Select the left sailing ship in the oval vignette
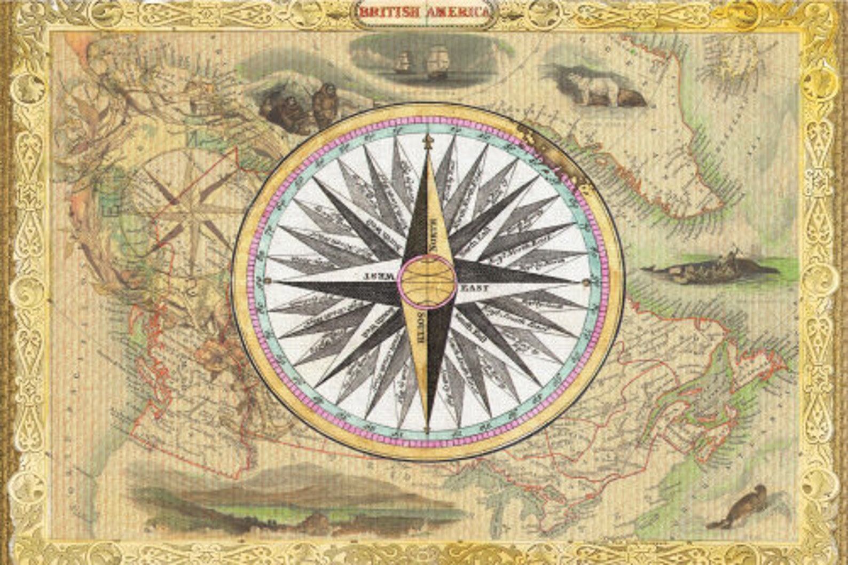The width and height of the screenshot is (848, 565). pos(402,62)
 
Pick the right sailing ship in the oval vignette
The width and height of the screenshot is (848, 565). pos(436,62)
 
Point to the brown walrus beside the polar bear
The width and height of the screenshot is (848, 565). pos(630,97)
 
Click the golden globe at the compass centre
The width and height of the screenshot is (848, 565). pos(428,278)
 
